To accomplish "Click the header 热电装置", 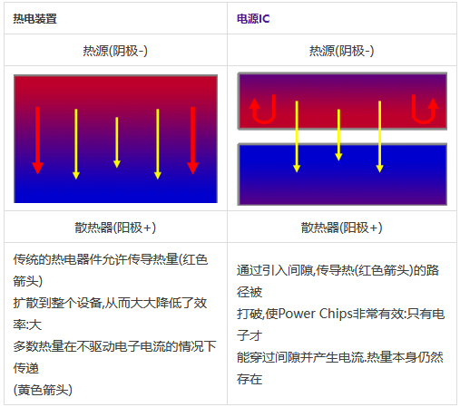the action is coord(34,19).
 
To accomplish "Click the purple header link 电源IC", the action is coord(253,19).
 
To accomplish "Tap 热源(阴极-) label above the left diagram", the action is coord(115,51).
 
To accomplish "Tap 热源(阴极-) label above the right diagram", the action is coord(341,51).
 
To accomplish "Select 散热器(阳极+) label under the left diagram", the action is coord(115,228).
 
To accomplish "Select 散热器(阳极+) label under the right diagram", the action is coord(341,228).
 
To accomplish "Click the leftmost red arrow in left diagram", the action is coord(38,141).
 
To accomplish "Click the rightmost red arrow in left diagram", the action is coord(192,141).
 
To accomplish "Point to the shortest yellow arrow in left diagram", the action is coord(117,142).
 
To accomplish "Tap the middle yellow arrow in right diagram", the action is coord(338,135).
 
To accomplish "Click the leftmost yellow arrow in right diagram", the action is coord(297,137).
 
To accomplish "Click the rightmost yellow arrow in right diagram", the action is coord(379,137).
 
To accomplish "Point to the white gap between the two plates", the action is coord(342,137).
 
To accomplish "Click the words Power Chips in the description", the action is coord(316,314).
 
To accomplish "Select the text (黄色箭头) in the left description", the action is coord(43,390).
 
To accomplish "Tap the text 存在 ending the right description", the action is coord(250,379).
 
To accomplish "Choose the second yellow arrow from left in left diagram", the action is coord(76,144).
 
